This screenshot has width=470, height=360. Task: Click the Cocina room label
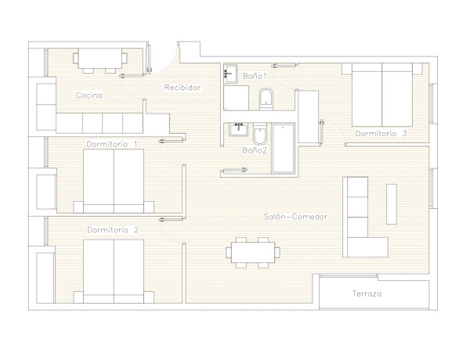coord(89,95)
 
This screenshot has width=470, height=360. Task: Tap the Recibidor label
coord(183,88)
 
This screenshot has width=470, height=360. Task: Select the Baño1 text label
coord(255,76)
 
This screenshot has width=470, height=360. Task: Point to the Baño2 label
coord(255,150)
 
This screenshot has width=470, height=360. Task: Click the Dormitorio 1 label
coord(112,144)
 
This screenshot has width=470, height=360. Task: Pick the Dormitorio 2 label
coord(113,230)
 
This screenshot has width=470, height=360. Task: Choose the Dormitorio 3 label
coord(381,133)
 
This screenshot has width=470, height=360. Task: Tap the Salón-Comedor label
coord(295,217)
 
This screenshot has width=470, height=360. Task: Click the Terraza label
coord(367,293)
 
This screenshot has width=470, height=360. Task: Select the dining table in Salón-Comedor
coord(253,253)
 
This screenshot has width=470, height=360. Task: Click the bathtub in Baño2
coord(283,148)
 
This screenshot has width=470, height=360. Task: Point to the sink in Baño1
coord(230,73)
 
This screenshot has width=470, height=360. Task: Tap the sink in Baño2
coord(239,130)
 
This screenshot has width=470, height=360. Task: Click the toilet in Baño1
coord(266,99)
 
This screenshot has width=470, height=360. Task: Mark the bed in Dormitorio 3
coord(382,95)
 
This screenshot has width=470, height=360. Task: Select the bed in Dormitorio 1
coord(114,182)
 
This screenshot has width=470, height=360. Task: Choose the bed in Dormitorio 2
coord(114,272)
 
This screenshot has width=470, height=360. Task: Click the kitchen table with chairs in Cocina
coord(100,61)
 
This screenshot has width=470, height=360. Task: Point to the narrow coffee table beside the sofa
coord(392,204)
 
